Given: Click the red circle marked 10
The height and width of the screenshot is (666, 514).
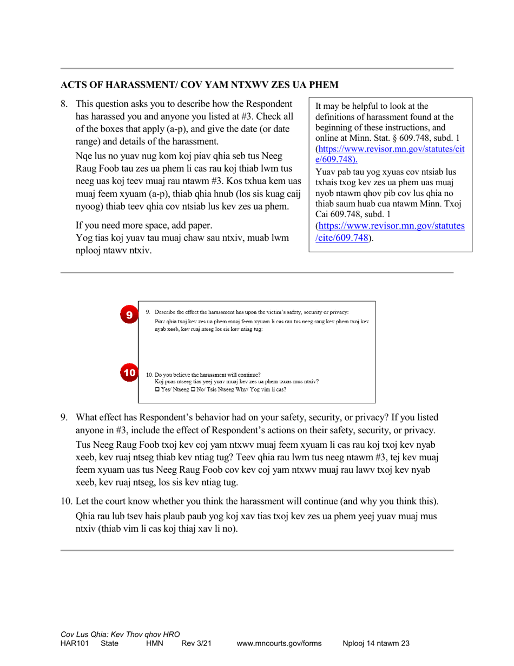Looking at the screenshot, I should tap(129, 373).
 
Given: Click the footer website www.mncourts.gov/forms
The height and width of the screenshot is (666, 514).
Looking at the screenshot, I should tap(279, 643).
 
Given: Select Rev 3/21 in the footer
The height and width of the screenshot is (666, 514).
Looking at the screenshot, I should tap(195, 643).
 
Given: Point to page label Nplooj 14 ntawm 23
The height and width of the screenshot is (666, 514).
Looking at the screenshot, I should tap(376, 643).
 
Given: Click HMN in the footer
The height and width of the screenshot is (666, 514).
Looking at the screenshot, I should tap(155, 643).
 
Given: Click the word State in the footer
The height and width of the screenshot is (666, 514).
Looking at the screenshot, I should tap(110, 643).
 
